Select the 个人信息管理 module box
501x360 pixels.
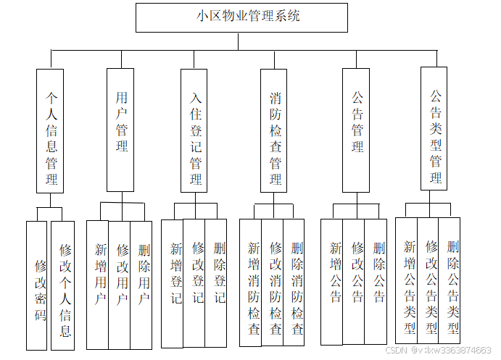[x=51, y=130]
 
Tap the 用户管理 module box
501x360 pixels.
[x=120, y=130]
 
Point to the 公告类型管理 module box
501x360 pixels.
[x=434, y=129]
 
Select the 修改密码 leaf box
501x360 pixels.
[x=37, y=285]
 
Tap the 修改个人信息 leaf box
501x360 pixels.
[x=63, y=285]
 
